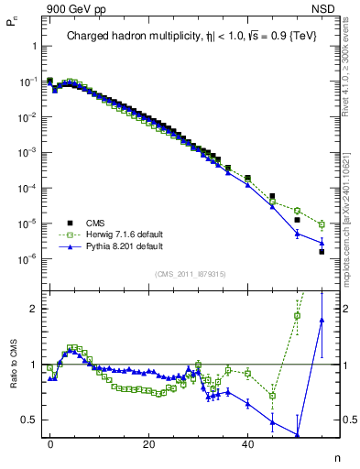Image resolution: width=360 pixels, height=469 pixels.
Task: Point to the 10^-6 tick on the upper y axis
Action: click(27, 258)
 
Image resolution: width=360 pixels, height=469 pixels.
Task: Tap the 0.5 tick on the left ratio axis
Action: click(29, 420)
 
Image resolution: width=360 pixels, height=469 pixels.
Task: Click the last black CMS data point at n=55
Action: click(322, 252)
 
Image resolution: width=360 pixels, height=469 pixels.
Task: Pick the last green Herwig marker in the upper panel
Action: click(322, 224)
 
